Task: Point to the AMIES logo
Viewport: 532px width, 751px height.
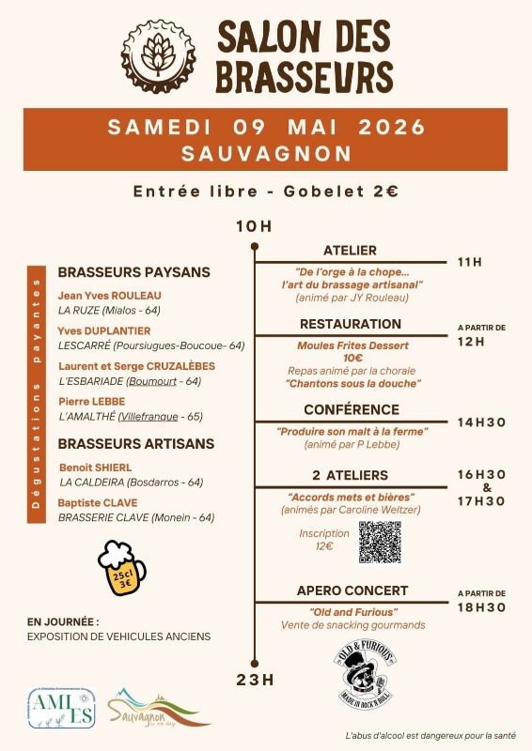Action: tap(61, 708)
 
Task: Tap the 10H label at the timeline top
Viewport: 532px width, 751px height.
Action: tap(254, 226)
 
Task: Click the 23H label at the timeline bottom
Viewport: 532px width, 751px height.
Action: tap(255, 680)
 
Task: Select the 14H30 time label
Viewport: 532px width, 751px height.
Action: tap(481, 422)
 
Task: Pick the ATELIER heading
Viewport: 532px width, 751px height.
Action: tap(350, 251)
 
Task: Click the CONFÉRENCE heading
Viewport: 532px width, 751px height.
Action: tap(351, 410)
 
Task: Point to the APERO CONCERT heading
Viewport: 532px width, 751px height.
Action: tap(352, 590)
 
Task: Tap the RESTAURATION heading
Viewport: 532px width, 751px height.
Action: tap(351, 324)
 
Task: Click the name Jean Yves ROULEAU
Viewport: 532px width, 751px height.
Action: tap(110, 295)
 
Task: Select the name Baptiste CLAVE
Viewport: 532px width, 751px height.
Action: tap(98, 502)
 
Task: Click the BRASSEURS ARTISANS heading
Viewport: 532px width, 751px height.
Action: tap(136, 443)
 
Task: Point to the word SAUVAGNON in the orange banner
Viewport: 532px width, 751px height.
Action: tap(267, 152)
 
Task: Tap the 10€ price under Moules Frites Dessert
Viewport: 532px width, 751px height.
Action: tap(352, 358)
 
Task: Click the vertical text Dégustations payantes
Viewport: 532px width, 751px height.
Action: tap(38, 393)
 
